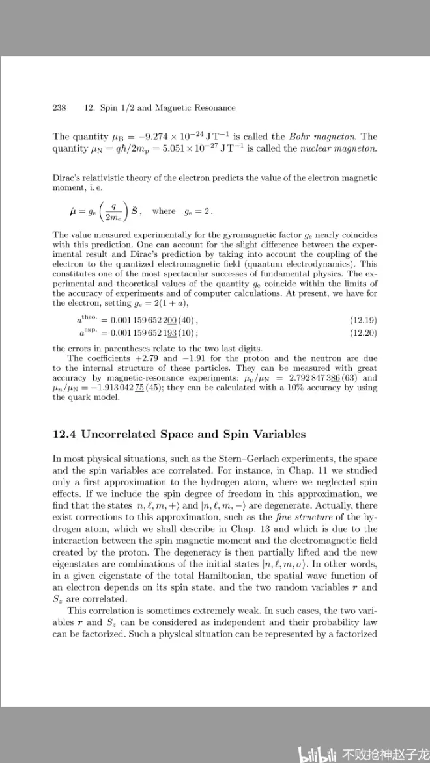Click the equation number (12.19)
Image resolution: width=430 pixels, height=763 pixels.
coord(364,321)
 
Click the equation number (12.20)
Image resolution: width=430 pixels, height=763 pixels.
coord(364,333)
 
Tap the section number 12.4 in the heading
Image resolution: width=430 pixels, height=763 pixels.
coord(67,435)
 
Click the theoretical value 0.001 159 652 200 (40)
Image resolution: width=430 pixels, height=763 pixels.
coord(154,321)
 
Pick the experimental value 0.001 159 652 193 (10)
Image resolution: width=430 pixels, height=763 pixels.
coord(154,333)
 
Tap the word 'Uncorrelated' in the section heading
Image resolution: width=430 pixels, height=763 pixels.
coord(132,435)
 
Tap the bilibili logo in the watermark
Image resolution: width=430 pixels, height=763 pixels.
coord(317,753)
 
